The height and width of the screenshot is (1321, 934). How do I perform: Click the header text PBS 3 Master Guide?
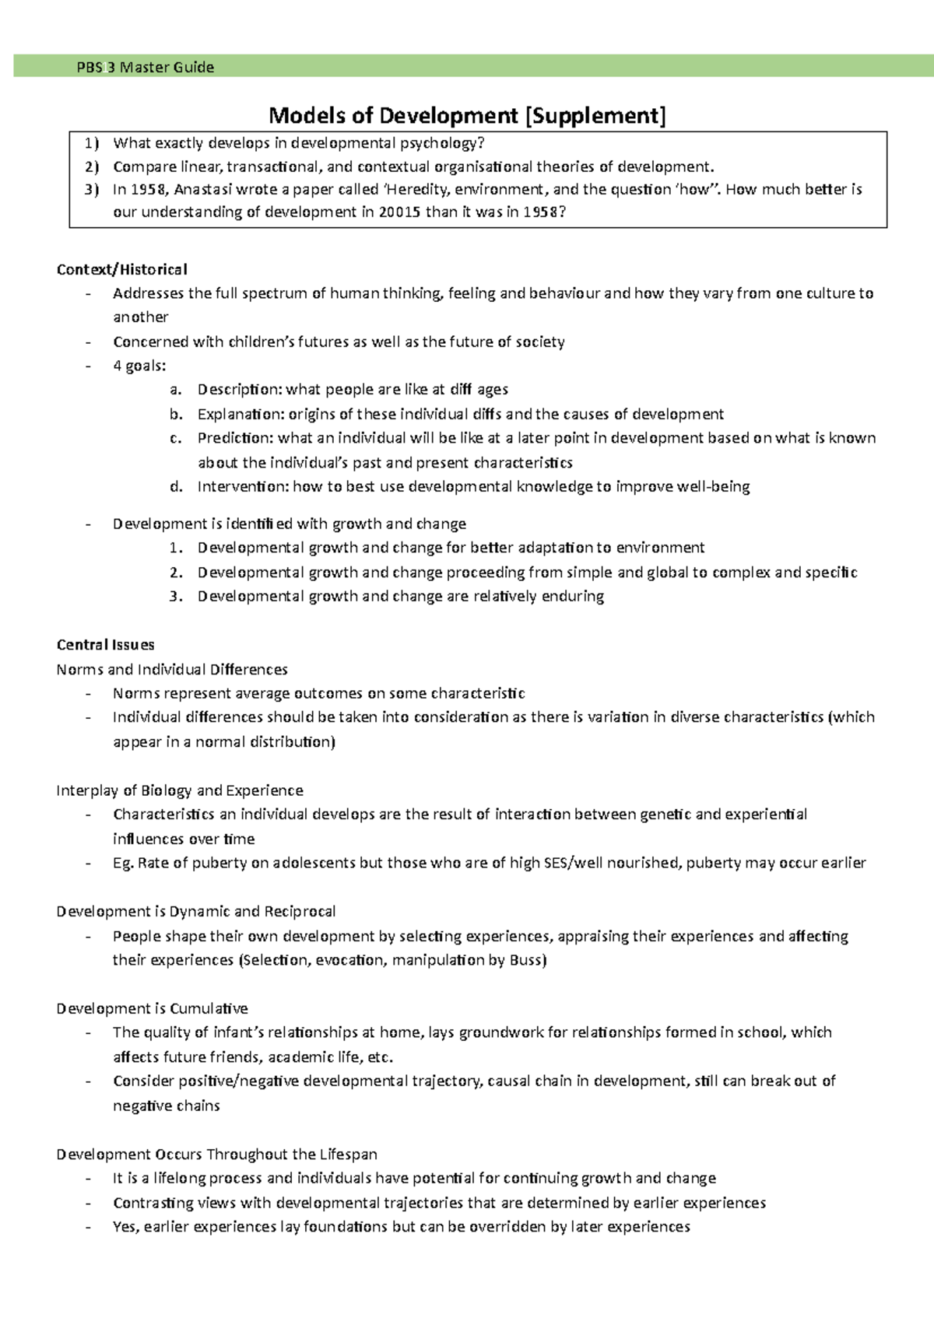click(146, 67)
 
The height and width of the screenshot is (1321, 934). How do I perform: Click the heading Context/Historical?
click(121, 269)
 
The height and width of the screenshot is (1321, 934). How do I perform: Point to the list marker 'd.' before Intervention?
click(176, 486)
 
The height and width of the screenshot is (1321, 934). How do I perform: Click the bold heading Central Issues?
click(105, 644)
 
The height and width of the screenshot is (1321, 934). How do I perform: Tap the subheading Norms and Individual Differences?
click(172, 669)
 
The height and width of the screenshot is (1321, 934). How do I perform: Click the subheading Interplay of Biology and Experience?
click(180, 790)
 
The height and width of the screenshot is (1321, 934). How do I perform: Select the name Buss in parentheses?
click(526, 960)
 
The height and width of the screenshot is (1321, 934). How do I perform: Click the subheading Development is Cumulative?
click(152, 1008)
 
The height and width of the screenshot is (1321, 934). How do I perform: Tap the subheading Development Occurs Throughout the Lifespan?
click(216, 1154)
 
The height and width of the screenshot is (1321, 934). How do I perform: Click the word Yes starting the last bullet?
click(125, 1227)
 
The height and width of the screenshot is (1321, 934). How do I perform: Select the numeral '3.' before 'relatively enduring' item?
click(176, 596)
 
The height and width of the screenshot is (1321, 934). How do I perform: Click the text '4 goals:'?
click(139, 366)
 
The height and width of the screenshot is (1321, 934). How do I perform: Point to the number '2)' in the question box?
click(93, 166)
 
